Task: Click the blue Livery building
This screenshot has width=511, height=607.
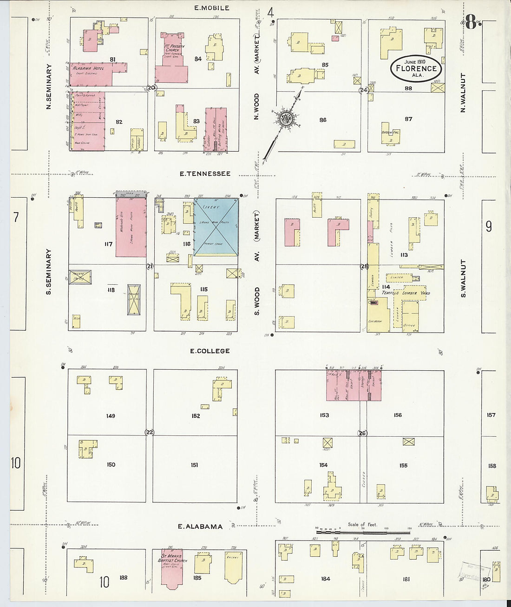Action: point(216,227)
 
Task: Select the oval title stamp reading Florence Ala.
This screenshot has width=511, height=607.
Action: point(415,68)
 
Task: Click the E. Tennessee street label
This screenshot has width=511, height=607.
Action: point(205,174)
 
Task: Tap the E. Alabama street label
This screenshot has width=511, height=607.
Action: point(201,527)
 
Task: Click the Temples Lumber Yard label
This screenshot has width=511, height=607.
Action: point(406,293)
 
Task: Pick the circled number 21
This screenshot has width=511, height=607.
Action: point(150,266)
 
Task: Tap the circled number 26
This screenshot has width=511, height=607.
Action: point(362,433)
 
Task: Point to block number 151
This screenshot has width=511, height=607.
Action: point(194,465)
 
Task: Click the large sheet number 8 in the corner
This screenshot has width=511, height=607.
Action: point(471,22)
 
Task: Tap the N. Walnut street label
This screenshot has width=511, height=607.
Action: point(463,93)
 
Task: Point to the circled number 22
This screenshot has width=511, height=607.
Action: point(150,432)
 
